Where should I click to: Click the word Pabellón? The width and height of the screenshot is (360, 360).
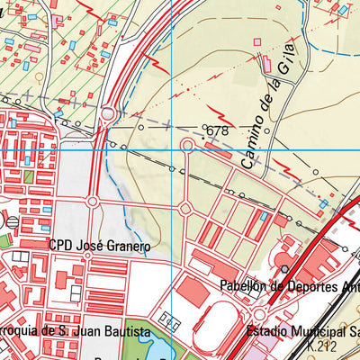[244, 287]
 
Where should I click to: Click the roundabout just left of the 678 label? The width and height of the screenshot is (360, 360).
[187, 145]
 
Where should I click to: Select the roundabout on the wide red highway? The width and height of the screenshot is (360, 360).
[108, 114]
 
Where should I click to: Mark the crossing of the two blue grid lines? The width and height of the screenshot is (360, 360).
[171, 148]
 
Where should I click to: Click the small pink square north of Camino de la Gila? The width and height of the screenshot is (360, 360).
[257, 41]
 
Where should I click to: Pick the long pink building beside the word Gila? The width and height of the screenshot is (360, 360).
[267, 65]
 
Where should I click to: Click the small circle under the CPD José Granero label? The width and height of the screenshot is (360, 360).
[87, 256]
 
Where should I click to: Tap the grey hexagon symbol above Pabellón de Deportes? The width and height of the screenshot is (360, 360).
[283, 268]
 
